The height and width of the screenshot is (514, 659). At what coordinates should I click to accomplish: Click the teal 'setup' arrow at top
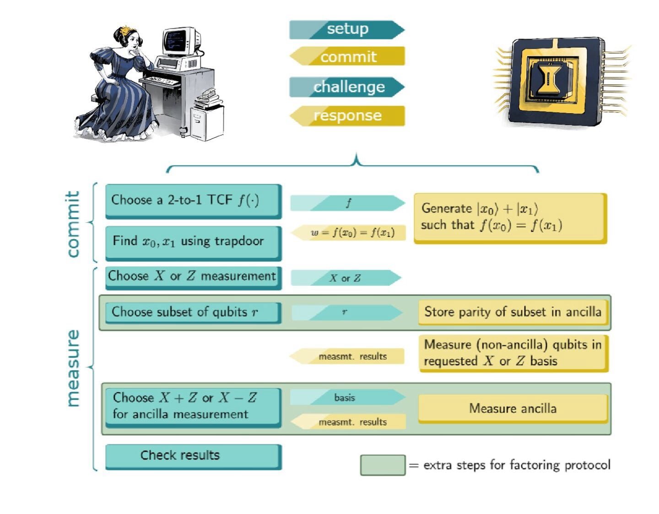coord(347,29)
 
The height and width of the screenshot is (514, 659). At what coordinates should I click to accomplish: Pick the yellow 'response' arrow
coord(347,115)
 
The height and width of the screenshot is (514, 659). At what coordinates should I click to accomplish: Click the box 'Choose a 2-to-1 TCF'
coord(193,201)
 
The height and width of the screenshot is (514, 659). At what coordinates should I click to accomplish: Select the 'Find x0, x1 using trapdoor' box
coord(193,242)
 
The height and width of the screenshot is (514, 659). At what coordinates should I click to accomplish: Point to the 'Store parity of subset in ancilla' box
coord(513,312)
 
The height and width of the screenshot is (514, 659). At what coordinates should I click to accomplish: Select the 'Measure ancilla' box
coord(513,408)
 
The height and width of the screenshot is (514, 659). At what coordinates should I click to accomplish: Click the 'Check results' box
coord(193,455)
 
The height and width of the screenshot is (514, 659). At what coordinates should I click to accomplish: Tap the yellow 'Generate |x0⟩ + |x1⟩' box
coord(510,217)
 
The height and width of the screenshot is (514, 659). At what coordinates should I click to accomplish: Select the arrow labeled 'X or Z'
coord(346,278)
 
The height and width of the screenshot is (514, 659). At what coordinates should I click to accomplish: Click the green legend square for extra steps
coord(383,465)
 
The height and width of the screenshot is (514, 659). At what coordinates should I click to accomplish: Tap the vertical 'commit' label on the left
coord(73,224)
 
